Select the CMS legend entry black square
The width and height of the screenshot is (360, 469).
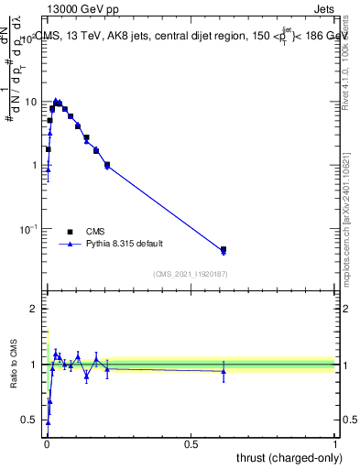(x=70, y=232)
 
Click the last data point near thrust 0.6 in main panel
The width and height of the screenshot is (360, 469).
(x=224, y=249)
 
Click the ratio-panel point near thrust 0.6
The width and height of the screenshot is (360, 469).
(x=224, y=371)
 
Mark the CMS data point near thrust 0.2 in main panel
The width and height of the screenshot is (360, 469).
(x=107, y=165)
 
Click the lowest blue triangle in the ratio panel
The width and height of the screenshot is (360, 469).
(x=48, y=422)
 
